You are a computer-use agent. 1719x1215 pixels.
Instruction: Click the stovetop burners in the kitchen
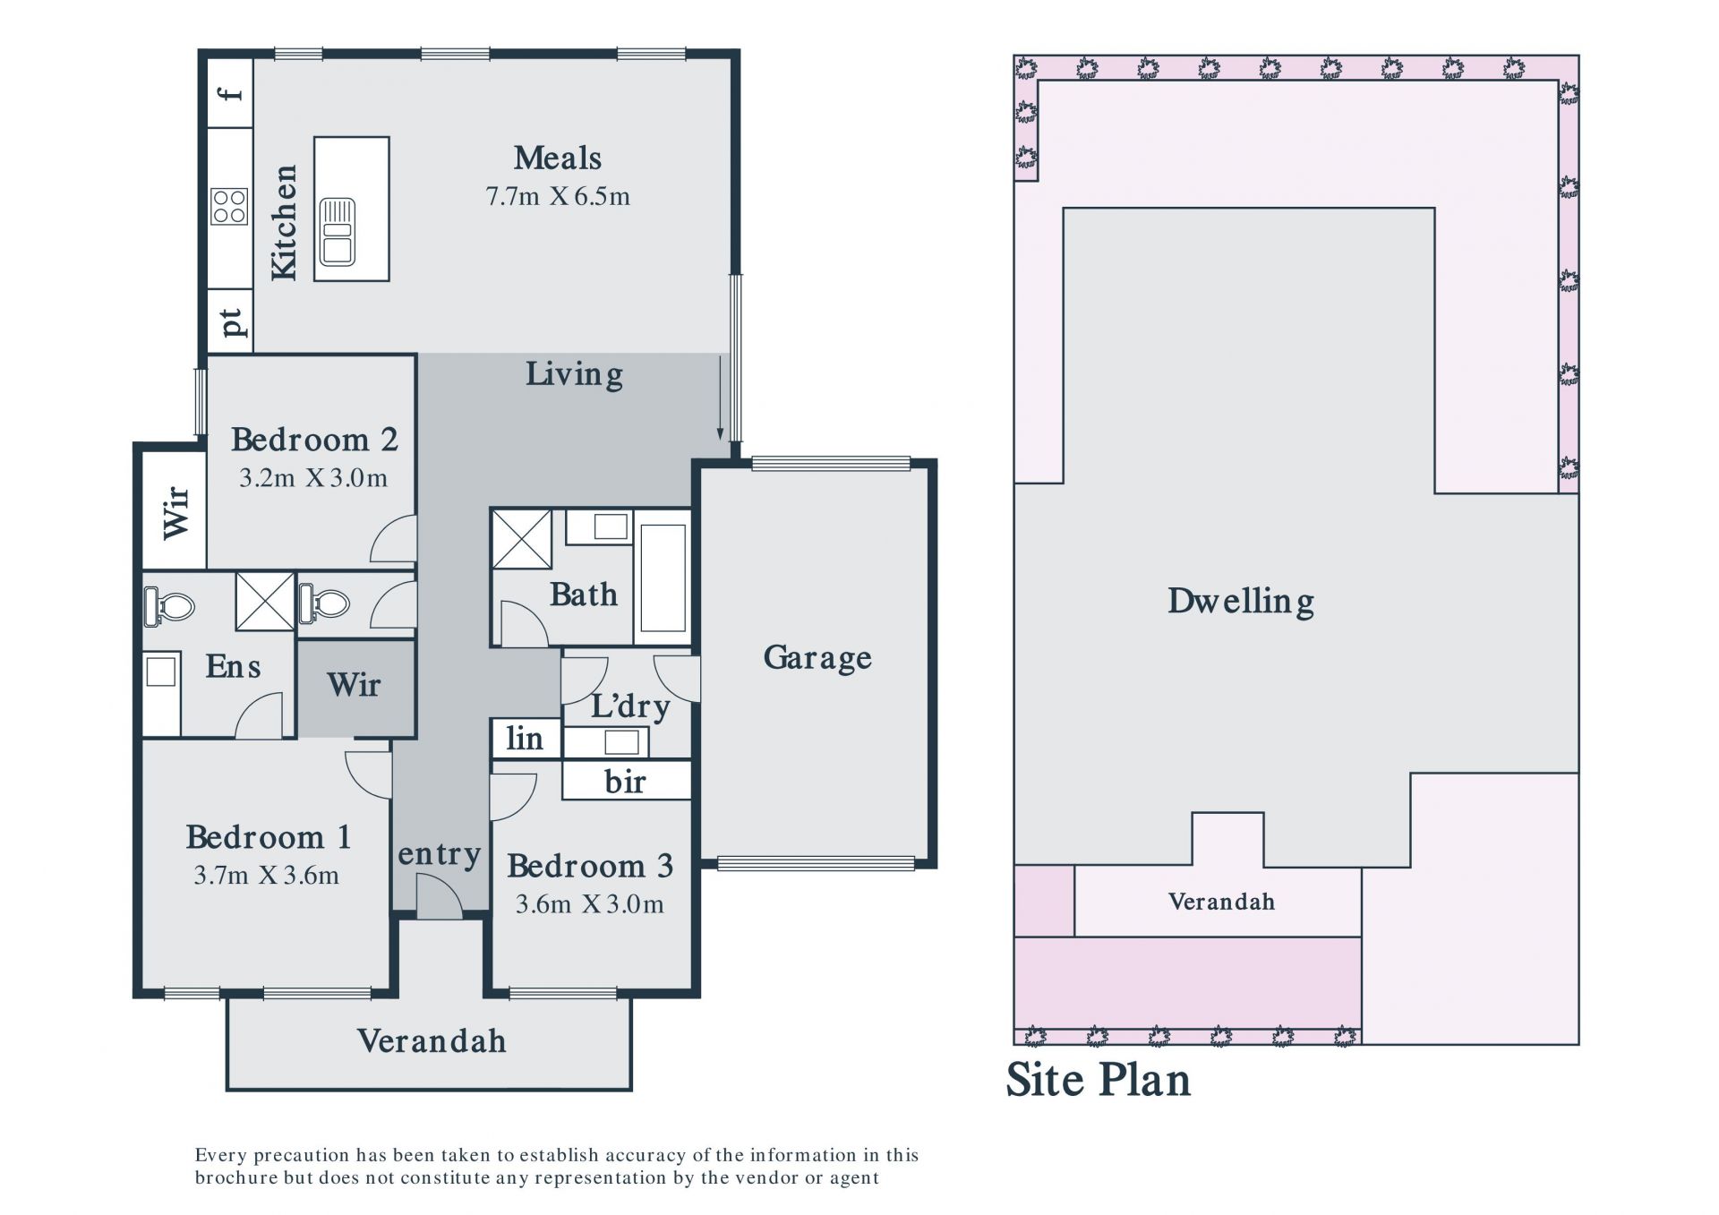(229, 206)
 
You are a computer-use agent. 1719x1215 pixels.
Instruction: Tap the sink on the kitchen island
(338, 232)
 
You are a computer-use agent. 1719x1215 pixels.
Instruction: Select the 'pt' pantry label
(232, 322)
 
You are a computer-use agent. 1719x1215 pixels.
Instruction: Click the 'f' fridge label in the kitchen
(233, 92)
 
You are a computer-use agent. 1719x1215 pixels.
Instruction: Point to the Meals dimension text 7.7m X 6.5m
(558, 196)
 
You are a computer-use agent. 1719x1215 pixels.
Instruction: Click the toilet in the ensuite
(169, 606)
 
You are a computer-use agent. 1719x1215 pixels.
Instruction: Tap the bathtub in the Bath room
(663, 578)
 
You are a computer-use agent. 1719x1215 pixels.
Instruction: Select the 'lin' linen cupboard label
(525, 739)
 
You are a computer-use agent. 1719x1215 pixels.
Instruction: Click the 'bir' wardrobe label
(625, 782)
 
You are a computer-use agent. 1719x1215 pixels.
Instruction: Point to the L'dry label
(630, 706)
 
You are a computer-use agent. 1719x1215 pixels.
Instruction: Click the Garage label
(817, 658)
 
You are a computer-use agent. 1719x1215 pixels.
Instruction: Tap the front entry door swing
(440, 897)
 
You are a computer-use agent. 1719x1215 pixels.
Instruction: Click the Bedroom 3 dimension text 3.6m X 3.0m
(590, 904)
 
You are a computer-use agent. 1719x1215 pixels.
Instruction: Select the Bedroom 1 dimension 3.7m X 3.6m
(267, 875)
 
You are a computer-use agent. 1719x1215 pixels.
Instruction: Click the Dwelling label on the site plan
(1241, 601)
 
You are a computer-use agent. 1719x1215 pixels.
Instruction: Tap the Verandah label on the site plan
(1221, 902)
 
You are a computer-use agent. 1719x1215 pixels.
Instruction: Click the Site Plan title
(1099, 1080)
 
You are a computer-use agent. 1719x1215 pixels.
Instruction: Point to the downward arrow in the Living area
(720, 397)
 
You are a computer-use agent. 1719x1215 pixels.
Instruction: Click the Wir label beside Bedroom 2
(176, 512)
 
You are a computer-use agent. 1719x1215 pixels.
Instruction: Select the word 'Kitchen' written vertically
(284, 222)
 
